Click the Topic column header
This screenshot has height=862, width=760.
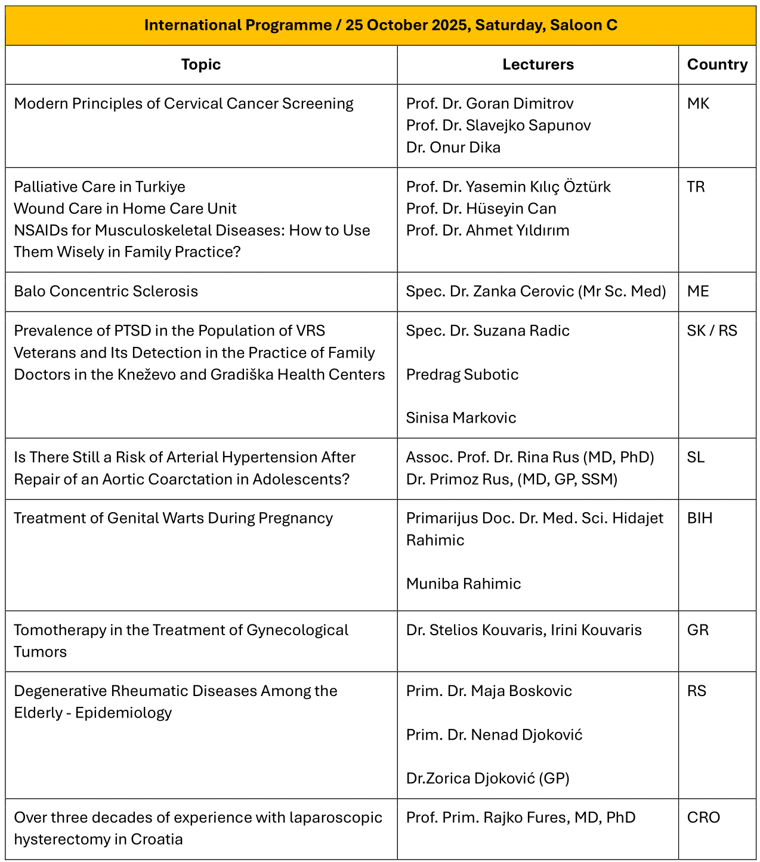click(x=201, y=64)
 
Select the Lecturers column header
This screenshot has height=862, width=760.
click(x=537, y=64)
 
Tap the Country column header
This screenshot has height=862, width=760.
click(x=717, y=64)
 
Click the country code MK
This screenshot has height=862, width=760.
click(x=698, y=104)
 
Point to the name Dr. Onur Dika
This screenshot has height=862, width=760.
click(x=453, y=147)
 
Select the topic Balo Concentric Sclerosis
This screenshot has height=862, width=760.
click(x=106, y=291)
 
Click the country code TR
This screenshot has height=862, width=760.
click(x=696, y=187)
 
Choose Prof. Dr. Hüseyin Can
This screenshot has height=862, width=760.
click(x=481, y=209)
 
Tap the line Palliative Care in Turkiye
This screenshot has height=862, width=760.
click(x=100, y=187)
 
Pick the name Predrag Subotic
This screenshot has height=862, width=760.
click(x=462, y=374)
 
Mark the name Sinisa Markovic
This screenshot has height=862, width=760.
click(x=461, y=418)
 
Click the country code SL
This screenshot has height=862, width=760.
click(x=696, y=457)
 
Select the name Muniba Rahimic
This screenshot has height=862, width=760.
click(x=463, y=584)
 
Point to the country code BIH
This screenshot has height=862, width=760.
click(x=700, y=518)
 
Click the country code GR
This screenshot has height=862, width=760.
click(x=698, y=630)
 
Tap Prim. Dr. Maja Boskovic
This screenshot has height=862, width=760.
click(x=489, y=691)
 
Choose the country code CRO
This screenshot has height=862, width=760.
click(x=703, y=818)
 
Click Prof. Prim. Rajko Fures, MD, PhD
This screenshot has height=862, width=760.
click(x=520, y=818)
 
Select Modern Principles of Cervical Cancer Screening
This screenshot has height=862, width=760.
click(x=184, y=104)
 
